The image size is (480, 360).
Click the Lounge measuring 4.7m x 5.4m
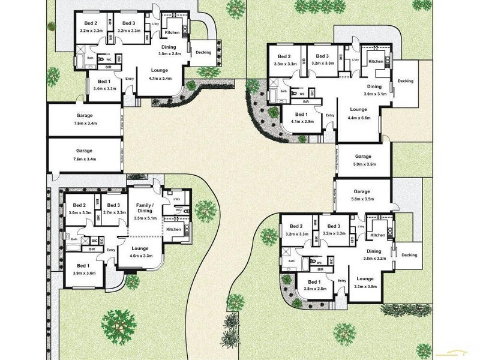coord(159,74)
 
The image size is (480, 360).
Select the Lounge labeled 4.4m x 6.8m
coord(358,113)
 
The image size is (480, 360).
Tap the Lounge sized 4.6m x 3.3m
coord(140,252)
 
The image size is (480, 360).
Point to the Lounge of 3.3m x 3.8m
coord(365,282)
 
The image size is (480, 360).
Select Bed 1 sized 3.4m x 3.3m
coord(104,85)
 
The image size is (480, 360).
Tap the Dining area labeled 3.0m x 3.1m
coord(374,90)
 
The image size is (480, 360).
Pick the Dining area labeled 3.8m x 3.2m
coord(374,255)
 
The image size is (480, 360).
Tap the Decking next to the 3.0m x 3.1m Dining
coord(406,81)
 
